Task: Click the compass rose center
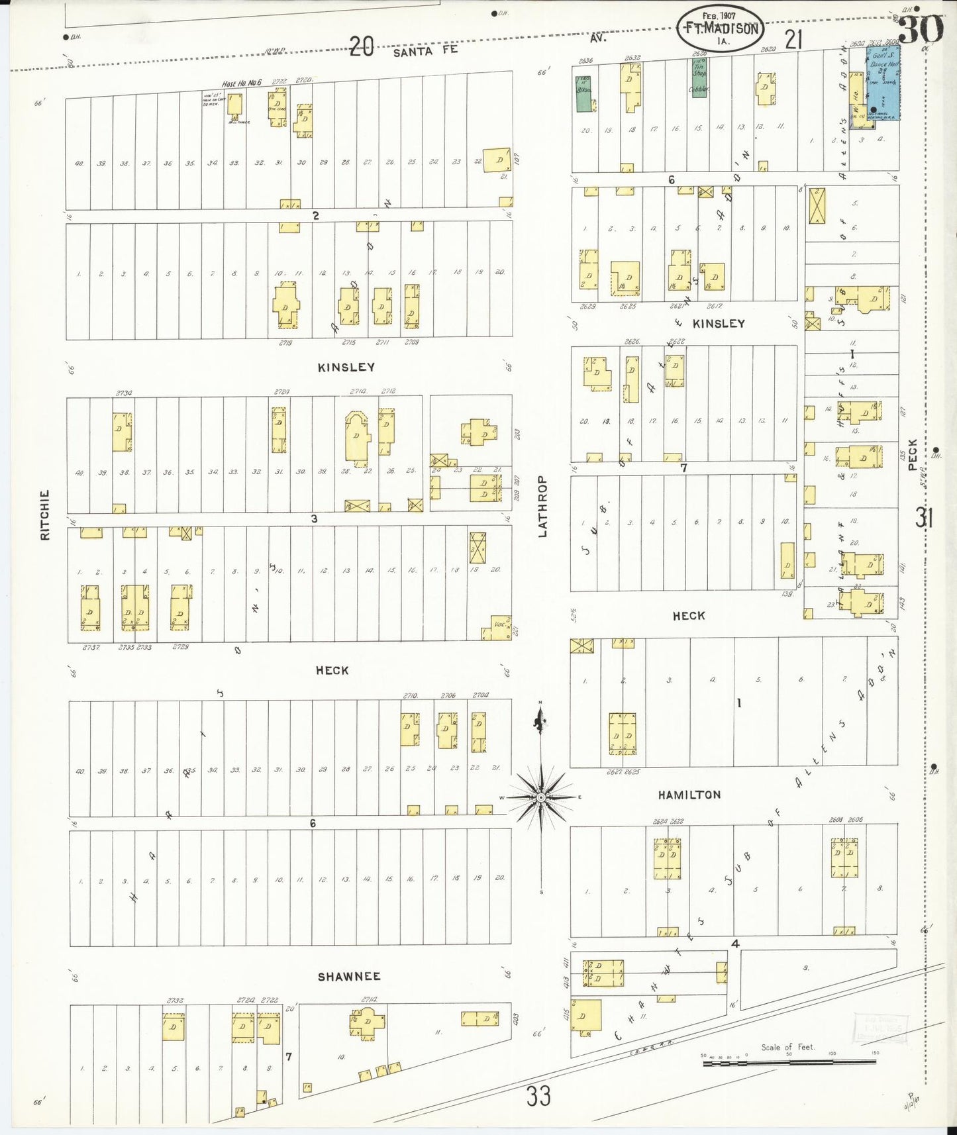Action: point(541,797)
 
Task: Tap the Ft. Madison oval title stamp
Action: point(720,28)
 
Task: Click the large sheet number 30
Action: point(921,28)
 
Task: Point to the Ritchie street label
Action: point(45,515)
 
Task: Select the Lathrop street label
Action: point(542,506)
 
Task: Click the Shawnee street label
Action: point(349,976)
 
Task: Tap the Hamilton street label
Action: point(689,795)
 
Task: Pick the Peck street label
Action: point(913,454)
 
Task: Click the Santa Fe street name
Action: point(425,50)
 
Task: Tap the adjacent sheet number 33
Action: point(538,1096)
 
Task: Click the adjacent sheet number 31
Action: point(925,517)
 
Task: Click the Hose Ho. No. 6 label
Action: point(242,83)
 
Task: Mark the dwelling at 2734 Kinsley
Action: point(122,432)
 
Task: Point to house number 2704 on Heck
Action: point(481,695)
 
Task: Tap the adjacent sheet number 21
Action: point(793,40)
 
